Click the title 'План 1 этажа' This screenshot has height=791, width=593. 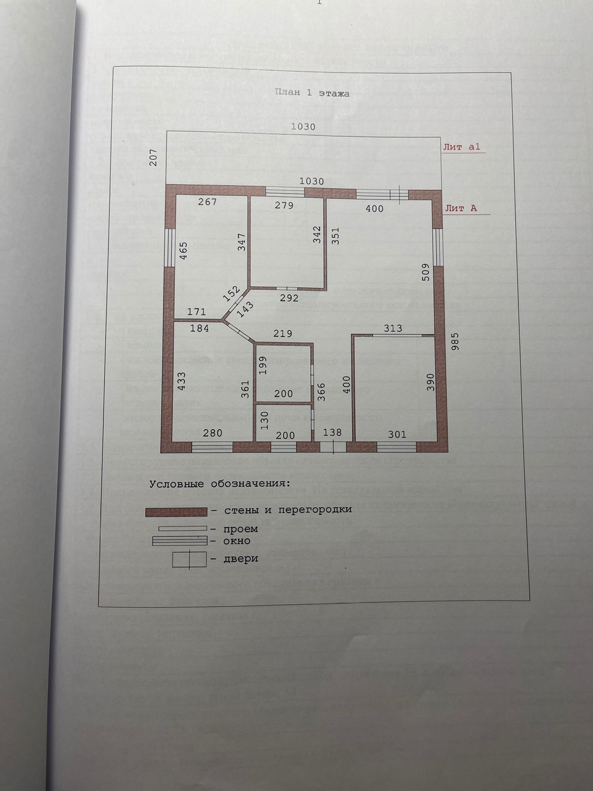pos(312,93)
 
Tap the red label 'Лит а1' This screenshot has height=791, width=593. pos(461,147)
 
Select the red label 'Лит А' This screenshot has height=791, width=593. pos(461,208)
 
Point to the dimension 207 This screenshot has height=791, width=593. pos(153,157)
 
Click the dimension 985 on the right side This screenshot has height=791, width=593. pos(455,342)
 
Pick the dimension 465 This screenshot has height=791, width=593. pos(183,251)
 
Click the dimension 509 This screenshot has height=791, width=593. pos(425,272)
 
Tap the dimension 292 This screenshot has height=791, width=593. pos(289,298)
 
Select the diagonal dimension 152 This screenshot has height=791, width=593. pos(231,294)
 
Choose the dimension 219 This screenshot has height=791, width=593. pos(283,333)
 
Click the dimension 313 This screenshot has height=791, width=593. pos(393,328)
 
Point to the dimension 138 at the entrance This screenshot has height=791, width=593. pos(332,433)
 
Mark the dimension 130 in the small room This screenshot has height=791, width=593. pos(264,421)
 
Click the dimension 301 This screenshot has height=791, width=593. pos(397,434)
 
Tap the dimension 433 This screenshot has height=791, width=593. pos(181,382)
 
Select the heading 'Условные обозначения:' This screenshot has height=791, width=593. pos(220,483)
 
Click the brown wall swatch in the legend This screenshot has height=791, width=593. pos(176,512)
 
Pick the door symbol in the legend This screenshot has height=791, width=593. pos(189,560)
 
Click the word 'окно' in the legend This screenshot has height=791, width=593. pos(237,541)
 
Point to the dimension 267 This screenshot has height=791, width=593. pos(207,202)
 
